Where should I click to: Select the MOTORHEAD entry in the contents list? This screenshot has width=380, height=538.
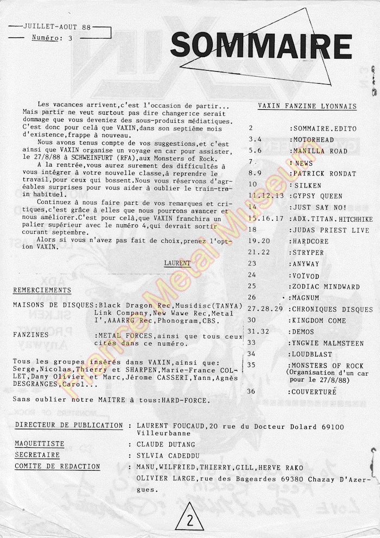coord(315,140)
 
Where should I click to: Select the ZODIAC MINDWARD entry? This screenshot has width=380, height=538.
coord(325,286)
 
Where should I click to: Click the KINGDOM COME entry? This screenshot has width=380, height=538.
coord(319,320)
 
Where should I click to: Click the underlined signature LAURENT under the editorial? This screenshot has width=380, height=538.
coord(178,263)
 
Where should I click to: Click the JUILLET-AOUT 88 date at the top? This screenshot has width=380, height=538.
coord(53,27)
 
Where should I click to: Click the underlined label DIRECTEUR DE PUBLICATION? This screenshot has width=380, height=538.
coord(69,425)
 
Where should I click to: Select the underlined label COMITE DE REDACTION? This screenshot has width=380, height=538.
coord(58,466)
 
